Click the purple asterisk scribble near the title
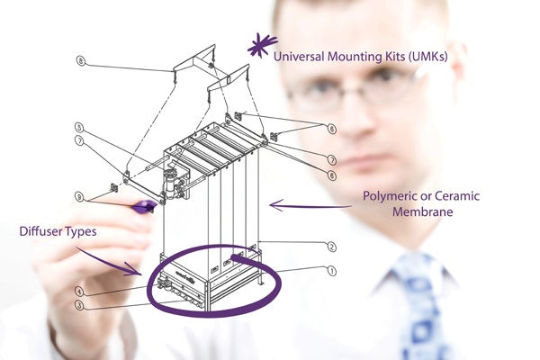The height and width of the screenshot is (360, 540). (261, 44)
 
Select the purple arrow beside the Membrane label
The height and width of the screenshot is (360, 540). (298, 206)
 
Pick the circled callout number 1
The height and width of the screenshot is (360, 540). (330, 270)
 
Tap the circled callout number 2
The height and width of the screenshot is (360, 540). (330, 247)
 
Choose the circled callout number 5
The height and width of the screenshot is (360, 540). (79, 128)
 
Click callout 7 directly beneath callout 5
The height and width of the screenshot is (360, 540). (79, 141)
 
